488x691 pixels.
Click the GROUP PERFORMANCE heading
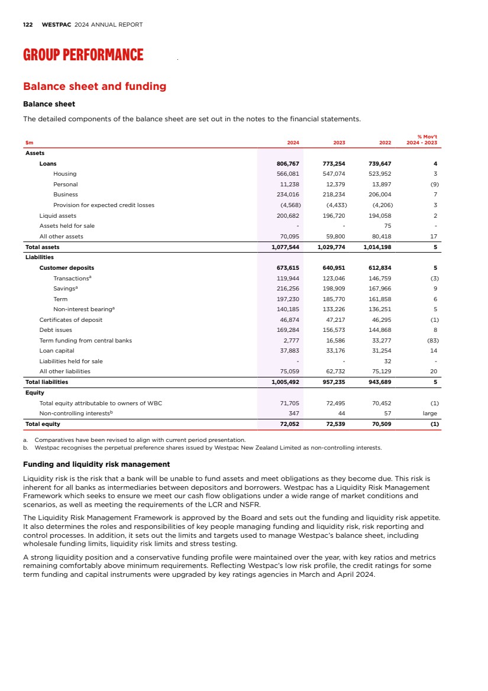click(x=83, y=55)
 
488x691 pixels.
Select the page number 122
click(x=28, y=25)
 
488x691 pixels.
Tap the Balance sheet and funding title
click(x=95, y=86)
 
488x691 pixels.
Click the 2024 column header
click(x=293, y=143)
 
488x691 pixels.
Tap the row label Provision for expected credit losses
click(x=104, y=205)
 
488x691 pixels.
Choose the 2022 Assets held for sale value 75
click(x=387, y=225)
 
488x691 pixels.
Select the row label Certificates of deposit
click(x=70, y=319)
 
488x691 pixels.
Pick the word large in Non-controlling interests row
click(x=430, y=414)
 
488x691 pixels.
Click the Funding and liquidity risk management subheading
click(x=96, y=464)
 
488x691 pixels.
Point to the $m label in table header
click(x=29, y=143)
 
